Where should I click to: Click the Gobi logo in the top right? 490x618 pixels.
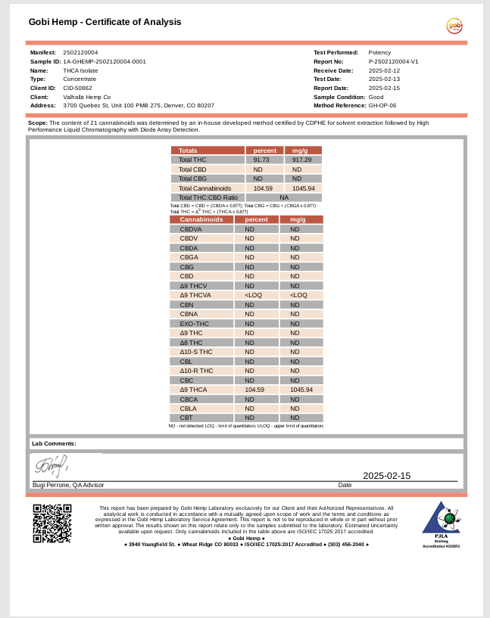pyautogui.click(x=454, y=26)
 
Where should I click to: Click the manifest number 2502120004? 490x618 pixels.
pyautogui.click(x=80, y=52)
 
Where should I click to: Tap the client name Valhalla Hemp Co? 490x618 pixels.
pyautogui.click(x=87, y=97)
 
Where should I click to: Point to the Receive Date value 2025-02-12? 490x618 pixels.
pyautogui.click(x=384, y=70)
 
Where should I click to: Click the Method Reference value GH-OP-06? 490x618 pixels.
pyautogui.click(x=382, y=106)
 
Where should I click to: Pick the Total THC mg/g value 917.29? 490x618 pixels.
pyautogui.click(x=302, y=160)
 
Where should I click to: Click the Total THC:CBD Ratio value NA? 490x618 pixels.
pyautogui.click(x=283, y=197)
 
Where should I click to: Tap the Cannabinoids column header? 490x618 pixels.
pyautogui.click(x=201, y=219)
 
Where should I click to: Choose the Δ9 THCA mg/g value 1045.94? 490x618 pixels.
pyautogui.click(x=301, y=390)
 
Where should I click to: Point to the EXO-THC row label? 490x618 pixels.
pyautogui.click(x=194, y=324)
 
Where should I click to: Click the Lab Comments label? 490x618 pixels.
pyautogui.click(x=54, y=443)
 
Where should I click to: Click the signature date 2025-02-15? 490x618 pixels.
pyautogui.click(x=386, y=476)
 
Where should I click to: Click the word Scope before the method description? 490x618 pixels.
pyautogui.click(x=37, y=122)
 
